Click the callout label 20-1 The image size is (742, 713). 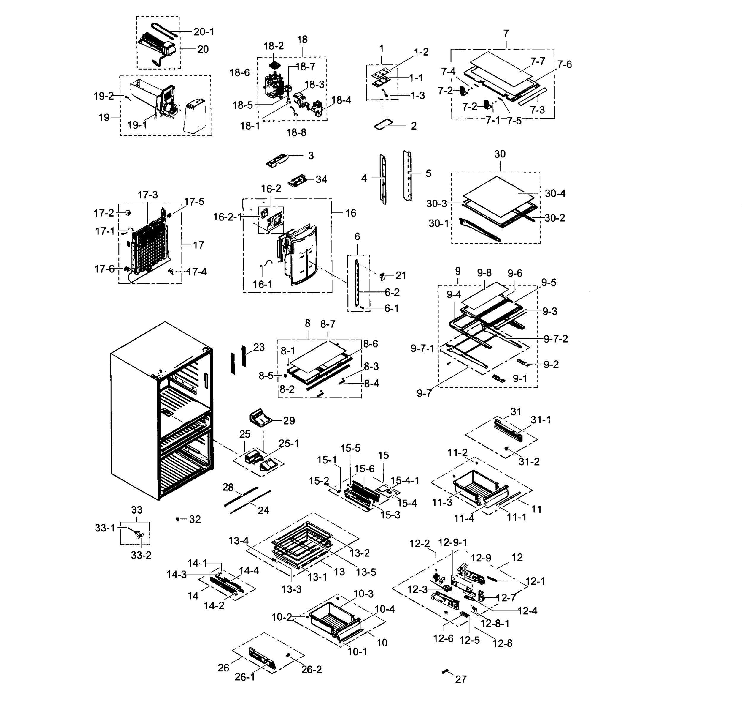coord(204,32)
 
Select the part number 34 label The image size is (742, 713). coord(321,179)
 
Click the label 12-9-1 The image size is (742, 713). coord(452,542)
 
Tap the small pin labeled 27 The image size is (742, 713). coord(445,671)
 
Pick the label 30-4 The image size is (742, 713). coord(555,193)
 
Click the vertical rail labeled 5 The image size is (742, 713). coord(408,175)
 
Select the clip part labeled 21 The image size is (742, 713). coord(382,276)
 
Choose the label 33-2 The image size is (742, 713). coord(141,555)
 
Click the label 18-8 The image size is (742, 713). coord(296,133)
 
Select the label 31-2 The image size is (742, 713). coord(529,462)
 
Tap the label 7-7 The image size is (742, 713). coord(538,61)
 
